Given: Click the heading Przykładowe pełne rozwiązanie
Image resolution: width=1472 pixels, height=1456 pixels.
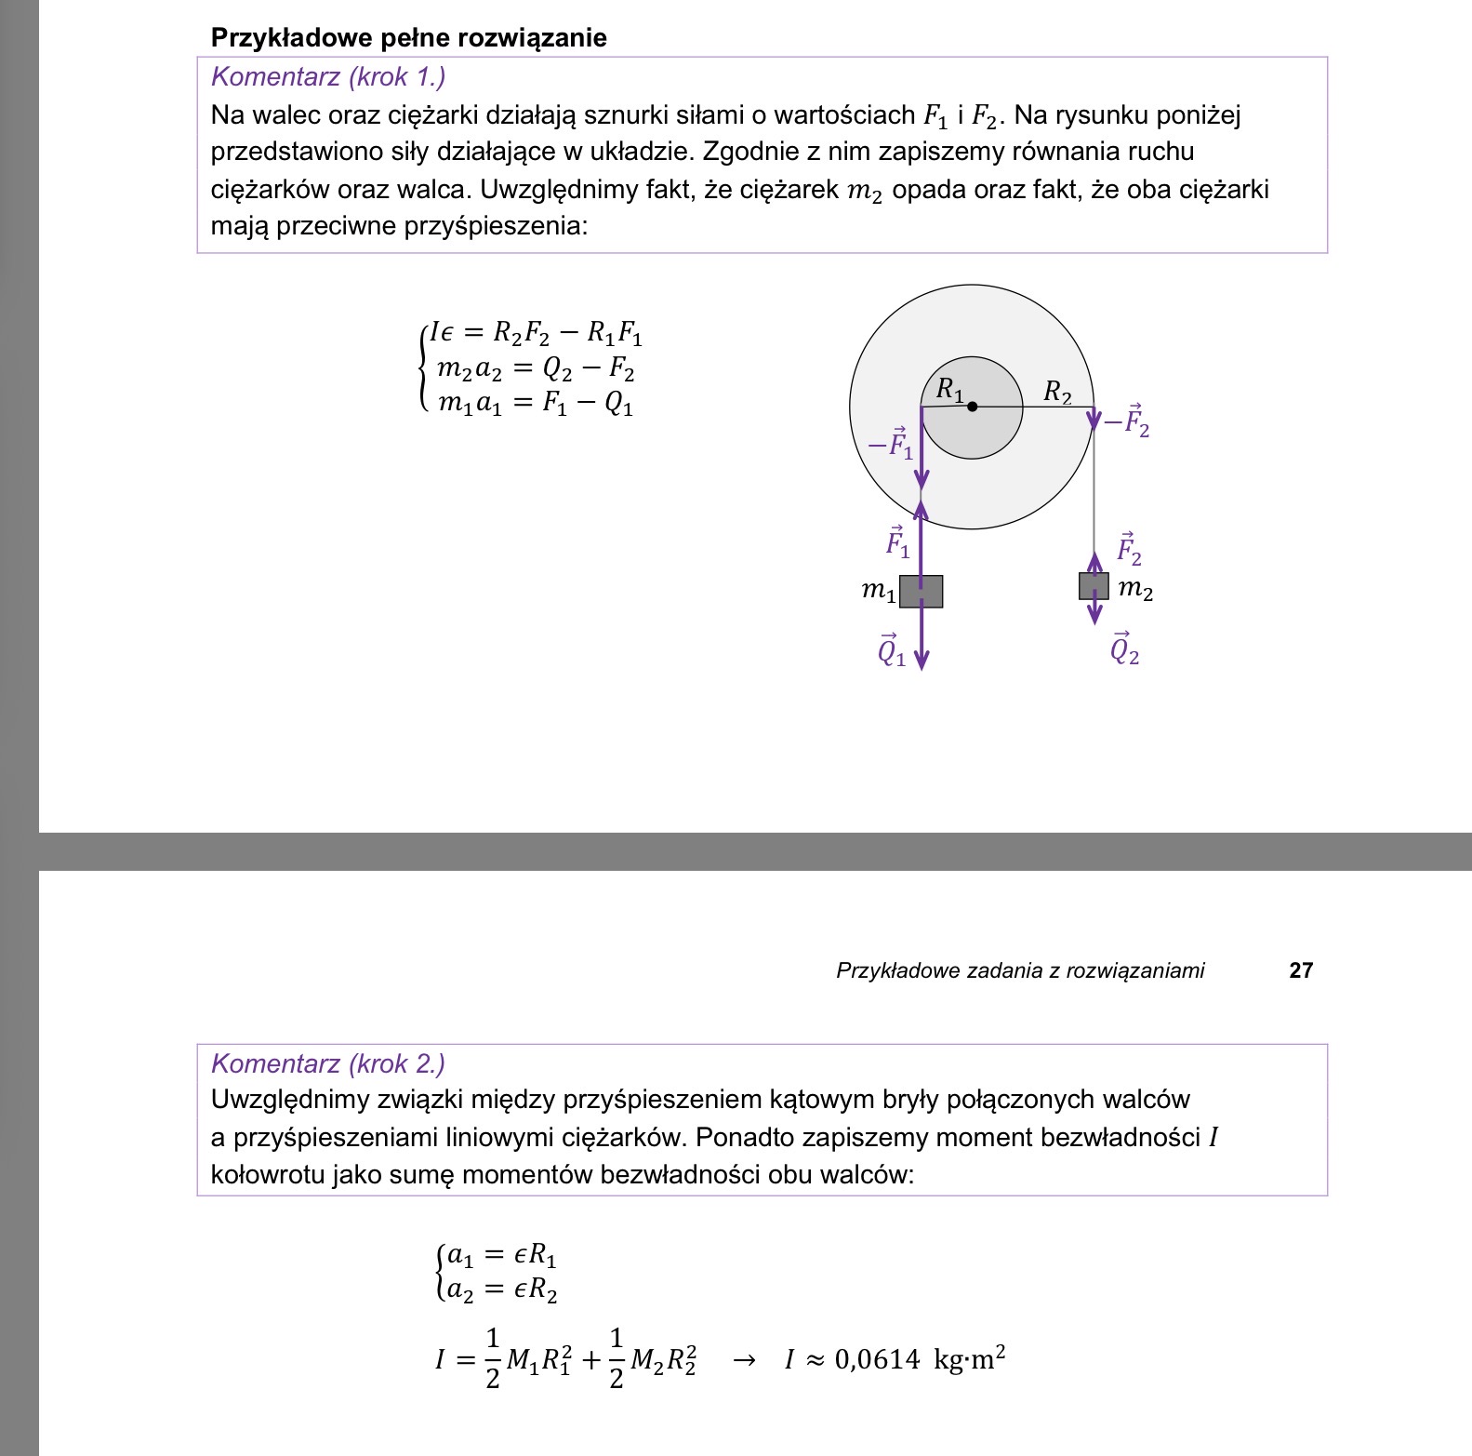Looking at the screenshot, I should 408,38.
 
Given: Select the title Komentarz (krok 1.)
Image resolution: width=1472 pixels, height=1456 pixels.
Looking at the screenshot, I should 328,77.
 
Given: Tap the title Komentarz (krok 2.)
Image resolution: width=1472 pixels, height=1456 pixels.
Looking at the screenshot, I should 328,1063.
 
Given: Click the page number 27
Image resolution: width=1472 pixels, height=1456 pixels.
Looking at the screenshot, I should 1301,970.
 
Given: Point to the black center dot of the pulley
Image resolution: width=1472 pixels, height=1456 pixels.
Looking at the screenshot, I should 973,407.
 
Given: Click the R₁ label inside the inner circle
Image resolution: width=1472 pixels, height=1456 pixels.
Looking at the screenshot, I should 949,390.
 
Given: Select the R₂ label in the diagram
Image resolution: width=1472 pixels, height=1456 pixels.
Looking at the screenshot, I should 1057,392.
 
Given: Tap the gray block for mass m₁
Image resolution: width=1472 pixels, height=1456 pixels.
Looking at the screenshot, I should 921,592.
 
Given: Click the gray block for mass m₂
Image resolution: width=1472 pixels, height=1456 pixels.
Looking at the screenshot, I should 1094,586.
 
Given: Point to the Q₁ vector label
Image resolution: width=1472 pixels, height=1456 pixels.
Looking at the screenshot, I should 891,650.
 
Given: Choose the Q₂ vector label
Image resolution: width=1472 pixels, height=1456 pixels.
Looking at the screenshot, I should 1124,648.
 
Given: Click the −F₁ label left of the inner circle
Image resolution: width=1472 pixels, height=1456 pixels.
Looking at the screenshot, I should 891,444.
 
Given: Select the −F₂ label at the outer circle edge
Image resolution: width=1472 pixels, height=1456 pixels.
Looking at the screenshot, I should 1126,421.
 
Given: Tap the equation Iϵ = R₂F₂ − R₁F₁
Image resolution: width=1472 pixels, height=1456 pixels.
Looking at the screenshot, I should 535,333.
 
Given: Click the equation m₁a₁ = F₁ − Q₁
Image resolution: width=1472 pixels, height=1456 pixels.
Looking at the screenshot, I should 536,404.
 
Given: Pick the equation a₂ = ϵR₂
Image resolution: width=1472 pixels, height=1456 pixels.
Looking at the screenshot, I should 502,1290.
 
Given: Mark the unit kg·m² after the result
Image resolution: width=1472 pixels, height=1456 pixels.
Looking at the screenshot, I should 969,1359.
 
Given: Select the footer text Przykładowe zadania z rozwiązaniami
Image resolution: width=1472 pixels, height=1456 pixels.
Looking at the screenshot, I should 1020,970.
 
